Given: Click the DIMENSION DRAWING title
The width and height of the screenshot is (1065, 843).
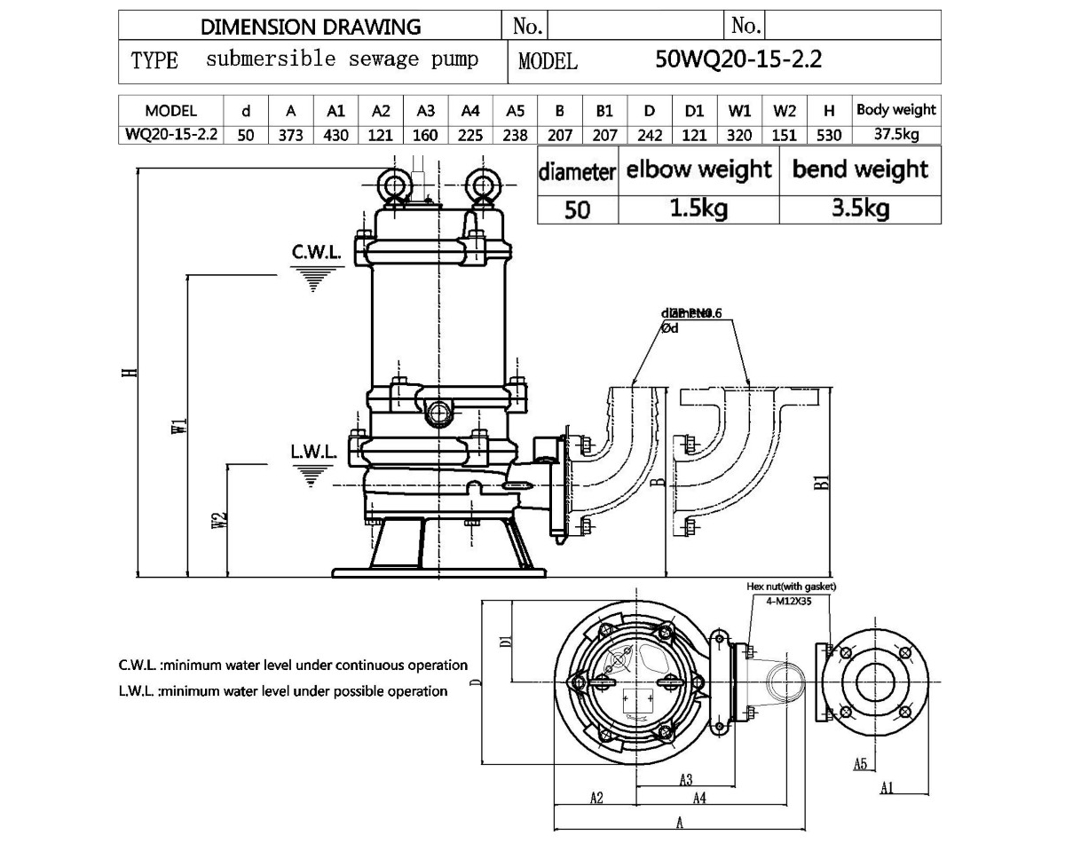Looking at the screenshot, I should (311, 27).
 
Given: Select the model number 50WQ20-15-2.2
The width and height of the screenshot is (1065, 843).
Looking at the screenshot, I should (738, 60).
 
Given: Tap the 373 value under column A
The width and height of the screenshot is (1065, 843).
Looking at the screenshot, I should (291, 135).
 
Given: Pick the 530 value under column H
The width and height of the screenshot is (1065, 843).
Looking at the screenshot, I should (829, 135).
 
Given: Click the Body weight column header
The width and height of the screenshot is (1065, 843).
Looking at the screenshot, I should (895, 110).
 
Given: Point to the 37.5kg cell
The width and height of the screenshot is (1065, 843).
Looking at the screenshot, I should (895, 135).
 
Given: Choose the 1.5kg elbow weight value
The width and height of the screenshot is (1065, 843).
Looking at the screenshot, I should (698, 209).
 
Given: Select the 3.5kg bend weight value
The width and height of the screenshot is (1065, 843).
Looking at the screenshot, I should (860, 209).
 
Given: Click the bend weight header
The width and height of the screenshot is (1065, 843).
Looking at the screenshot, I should (860, 169).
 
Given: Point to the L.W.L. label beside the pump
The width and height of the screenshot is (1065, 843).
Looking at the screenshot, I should (314, 452).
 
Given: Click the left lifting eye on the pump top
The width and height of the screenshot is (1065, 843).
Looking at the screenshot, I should (391, 185).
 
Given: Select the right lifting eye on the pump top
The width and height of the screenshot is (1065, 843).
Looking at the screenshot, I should (484, 185).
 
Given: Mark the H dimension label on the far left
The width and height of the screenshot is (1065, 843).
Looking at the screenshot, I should (130, 372).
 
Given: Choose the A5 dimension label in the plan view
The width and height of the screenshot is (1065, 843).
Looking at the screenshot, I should (859, 764).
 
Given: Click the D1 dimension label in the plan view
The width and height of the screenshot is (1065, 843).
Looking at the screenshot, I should (503, 642).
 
